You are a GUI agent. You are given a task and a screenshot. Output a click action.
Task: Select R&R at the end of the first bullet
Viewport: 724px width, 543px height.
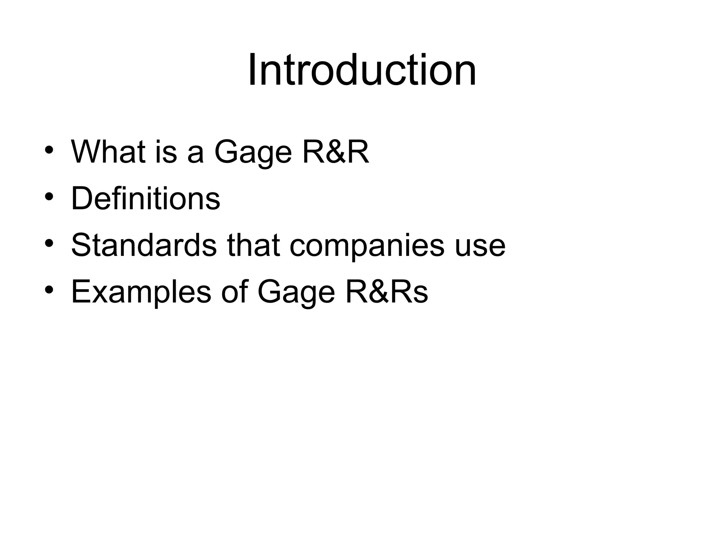(x=335, y=152)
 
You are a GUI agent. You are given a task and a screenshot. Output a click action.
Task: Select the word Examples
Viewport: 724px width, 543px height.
(x=141, y=292)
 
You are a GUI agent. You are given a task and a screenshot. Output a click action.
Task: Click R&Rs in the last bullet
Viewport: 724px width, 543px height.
(x=387, y=292)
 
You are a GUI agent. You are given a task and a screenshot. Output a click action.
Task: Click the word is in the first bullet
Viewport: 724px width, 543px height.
(x=166, y=152)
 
